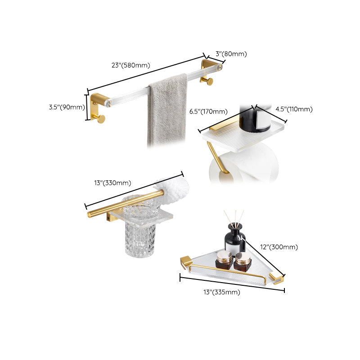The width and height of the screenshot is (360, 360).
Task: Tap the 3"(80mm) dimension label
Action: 231,54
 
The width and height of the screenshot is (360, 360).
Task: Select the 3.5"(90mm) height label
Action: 67,107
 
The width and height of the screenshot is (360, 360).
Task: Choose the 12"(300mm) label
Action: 279,247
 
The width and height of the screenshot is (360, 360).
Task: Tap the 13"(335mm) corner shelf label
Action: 221,292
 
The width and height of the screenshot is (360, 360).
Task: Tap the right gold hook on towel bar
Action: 209,81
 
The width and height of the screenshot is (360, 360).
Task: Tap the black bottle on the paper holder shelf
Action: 249,117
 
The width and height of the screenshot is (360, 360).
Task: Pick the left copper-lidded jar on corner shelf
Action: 224,260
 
